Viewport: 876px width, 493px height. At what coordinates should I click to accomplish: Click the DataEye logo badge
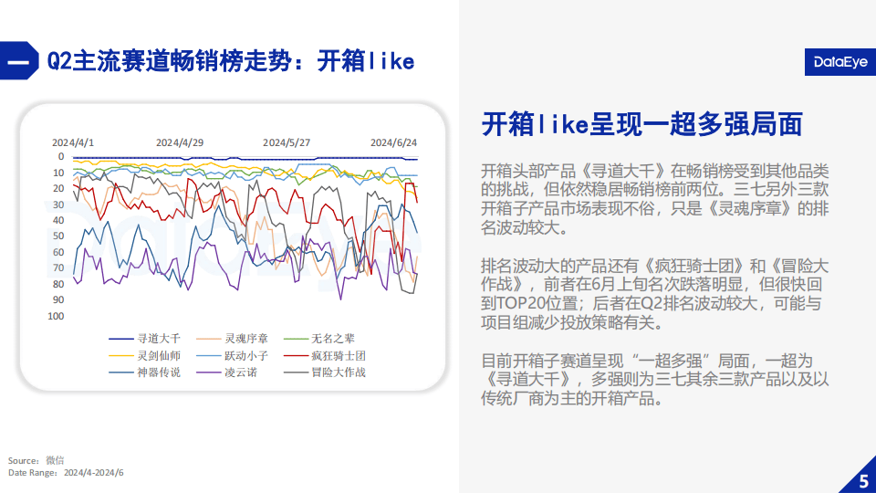(840, 61)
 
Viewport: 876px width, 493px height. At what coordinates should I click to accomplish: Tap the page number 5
(864, 481)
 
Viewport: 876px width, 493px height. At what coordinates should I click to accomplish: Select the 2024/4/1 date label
(73, 142)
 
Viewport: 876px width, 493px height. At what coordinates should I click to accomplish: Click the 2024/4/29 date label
(180, 142)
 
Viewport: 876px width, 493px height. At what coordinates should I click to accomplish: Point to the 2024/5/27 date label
(286, 142)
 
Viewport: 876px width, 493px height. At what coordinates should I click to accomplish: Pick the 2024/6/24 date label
(393, 142)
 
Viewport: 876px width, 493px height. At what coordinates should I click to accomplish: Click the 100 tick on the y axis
(56, 316)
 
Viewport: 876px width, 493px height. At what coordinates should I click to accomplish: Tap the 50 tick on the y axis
(58, 236)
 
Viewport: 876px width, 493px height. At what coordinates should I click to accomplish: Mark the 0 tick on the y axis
(61, 156)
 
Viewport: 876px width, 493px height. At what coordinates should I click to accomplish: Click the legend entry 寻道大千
(145, 338)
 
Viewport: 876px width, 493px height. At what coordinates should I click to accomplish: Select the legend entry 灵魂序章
(233, 338)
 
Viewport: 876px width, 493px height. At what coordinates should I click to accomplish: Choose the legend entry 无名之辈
(319, 338)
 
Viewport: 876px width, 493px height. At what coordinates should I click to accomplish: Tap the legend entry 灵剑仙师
(145, 355)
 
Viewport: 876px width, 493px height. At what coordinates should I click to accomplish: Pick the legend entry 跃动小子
(233, 355)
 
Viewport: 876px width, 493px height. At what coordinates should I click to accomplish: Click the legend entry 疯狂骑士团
(325, 355)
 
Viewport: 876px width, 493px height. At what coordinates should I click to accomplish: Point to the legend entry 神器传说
(145, 372)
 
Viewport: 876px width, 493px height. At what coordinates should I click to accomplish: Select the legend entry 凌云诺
(227, 372)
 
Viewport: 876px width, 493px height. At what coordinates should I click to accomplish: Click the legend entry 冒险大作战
(325, 372)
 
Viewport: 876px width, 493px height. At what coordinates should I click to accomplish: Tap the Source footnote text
(36, 460)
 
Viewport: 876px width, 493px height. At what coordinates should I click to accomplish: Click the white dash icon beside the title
(18, 61)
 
